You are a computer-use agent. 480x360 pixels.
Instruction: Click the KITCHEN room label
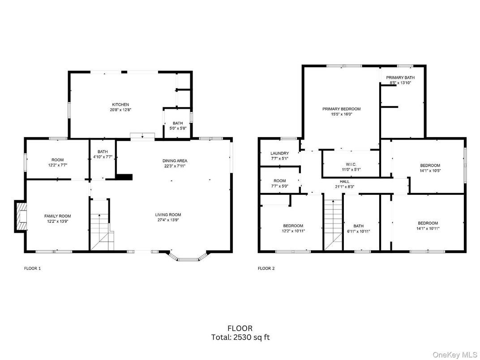[x=120, y=104]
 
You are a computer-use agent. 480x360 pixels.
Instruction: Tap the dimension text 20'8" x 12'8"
[x=120, y=110]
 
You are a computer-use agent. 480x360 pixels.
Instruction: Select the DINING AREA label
[x=175, y=161]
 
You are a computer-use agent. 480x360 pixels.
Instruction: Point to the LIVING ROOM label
[x=168, y=215]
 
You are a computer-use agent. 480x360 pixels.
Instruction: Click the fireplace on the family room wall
[x=21, y=217]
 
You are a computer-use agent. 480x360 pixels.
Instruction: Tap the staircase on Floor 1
[x=100, y=226]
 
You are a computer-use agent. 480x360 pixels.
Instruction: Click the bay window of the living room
[x=188, y=256]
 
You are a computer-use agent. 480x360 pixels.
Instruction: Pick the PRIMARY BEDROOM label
[x=341, y=109]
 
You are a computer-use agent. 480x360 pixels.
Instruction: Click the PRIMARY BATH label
[x=400, y=77]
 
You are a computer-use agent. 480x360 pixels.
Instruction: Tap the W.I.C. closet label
[x=351, y=164]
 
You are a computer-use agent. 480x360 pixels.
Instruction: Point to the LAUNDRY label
[x=280, y=153]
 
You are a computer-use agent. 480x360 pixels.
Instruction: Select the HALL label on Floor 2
[x=344, y=181]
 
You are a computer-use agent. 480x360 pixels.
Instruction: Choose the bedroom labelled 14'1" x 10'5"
[x=430, y=167]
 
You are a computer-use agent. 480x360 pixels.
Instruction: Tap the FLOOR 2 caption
[x=266, y=269]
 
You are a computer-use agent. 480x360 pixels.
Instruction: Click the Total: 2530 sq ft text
[x=240, y=337]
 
